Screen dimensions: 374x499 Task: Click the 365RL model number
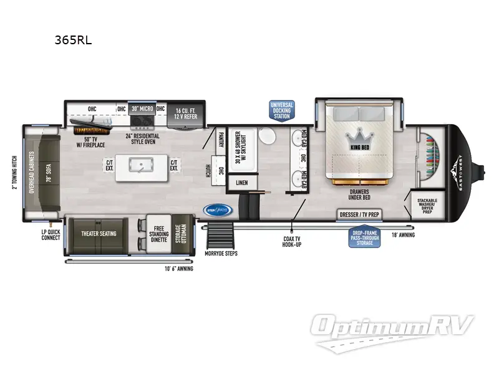pos(74,41)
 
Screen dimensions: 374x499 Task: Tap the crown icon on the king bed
pos(359,135)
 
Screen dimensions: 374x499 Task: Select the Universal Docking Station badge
pos(282,110)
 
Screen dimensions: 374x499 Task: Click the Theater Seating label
pos(99,234)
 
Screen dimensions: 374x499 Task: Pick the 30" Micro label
pos(142,108)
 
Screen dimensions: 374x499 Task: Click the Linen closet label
pos(241,183)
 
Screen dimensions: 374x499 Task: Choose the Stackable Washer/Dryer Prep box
pos(427,203)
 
